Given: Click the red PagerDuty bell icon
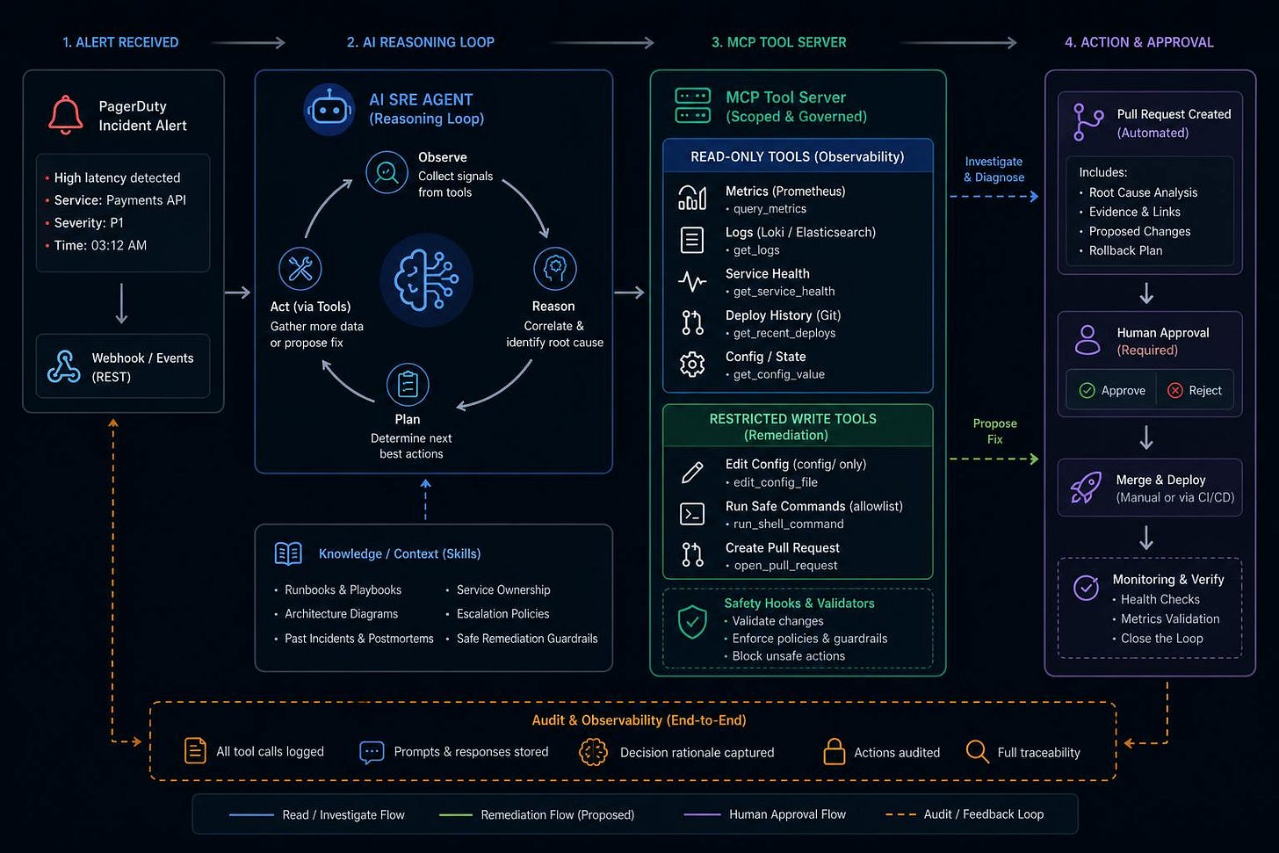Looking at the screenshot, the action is coord(65,114).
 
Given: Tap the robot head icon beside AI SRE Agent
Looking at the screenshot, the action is coord(329,109).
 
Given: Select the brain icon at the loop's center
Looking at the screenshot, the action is coord(426,279).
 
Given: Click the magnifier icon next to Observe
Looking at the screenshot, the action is coord(387,172).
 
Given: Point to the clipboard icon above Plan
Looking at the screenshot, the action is coord(408,384).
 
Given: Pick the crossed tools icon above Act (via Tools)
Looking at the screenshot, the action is coord(300,268).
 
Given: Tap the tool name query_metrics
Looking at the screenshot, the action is coord(770,209).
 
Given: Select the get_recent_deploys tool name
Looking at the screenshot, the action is coord(784,333).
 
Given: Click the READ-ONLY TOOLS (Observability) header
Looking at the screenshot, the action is coord(798,156).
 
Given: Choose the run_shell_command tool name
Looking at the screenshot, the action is coord(788,524).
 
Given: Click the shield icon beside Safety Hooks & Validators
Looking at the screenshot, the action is coord(692,621).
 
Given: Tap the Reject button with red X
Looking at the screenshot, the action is coord(1195,391).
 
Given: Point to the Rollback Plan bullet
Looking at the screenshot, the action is coord(1124,250).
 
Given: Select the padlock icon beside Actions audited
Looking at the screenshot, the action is coord(834,751).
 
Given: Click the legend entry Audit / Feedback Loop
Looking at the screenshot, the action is coord(983,814).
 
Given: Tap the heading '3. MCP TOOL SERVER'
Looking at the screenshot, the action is coord(779,42).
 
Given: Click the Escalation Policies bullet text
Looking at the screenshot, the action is coord(502,614).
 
